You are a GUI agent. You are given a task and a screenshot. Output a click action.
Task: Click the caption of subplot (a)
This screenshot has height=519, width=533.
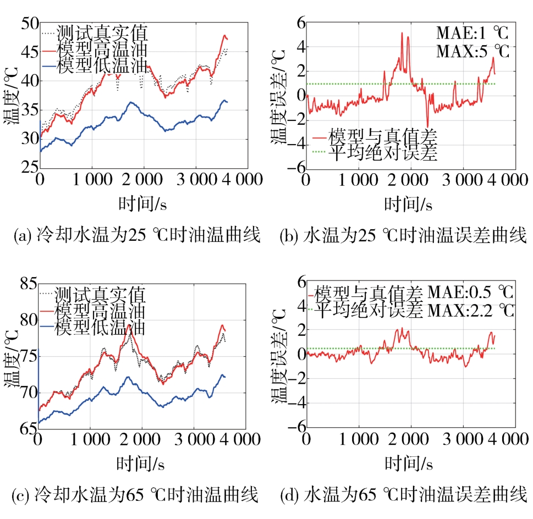click(135, 236)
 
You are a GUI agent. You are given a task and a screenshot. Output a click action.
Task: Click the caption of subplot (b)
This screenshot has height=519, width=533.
click(403, 236)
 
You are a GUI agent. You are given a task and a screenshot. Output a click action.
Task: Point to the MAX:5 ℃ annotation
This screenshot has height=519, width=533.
click(472, 52)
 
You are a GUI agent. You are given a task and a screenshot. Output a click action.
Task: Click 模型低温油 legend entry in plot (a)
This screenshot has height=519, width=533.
click(105, 67)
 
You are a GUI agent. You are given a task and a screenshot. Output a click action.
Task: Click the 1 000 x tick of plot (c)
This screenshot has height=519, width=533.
click(90, 440)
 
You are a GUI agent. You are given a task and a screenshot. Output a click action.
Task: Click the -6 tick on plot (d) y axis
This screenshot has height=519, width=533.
click(297, 427)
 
